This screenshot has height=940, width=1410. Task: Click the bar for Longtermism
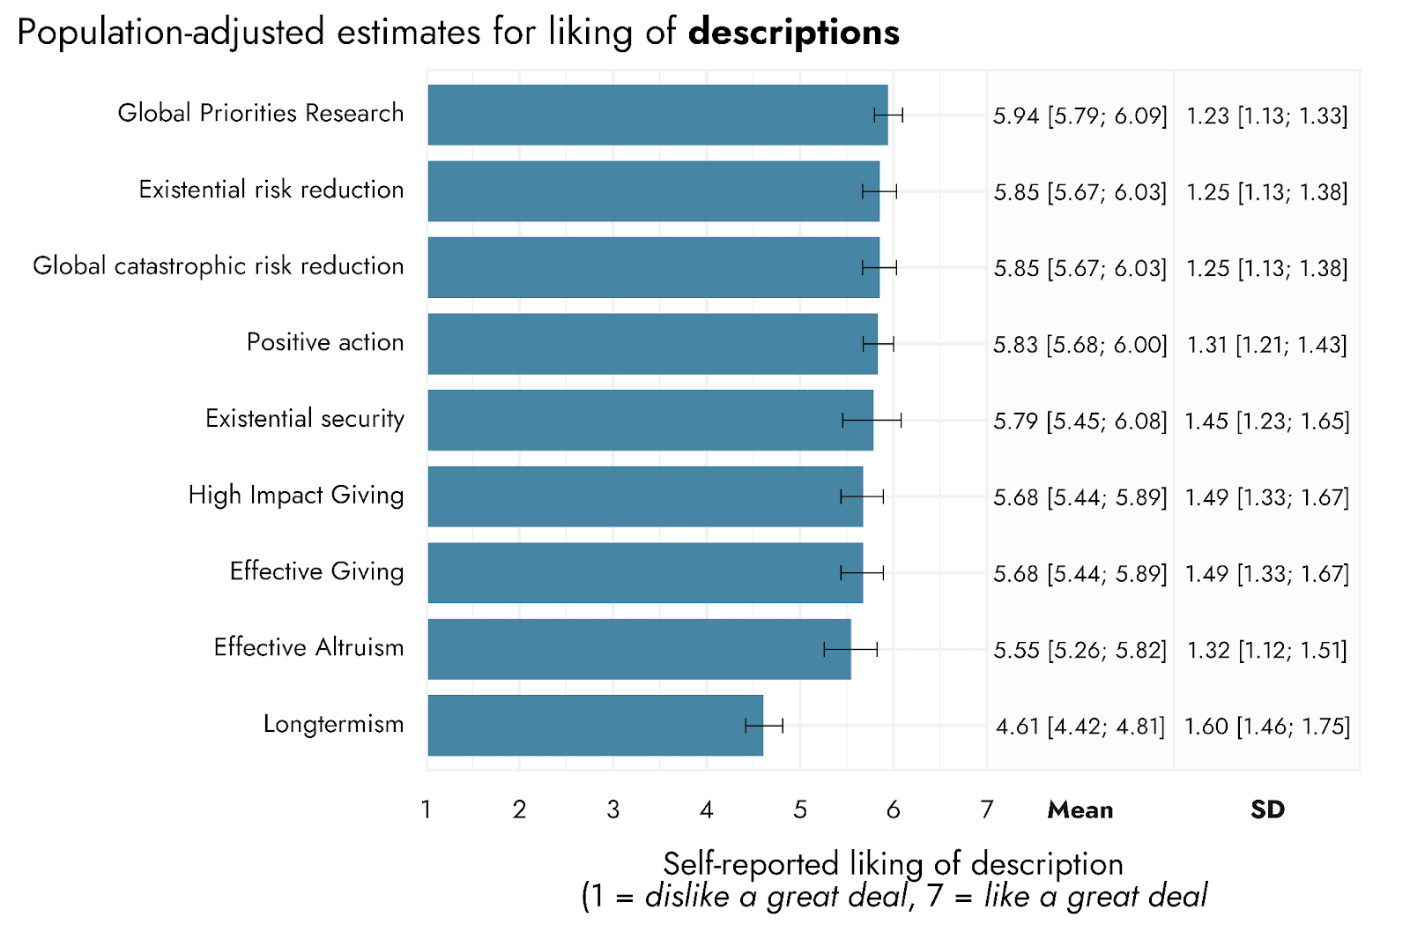coord(596,725)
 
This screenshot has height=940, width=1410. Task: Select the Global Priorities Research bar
coord(657,115)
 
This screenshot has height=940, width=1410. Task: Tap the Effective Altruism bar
coord(640,649)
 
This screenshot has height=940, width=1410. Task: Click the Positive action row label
coord(325,342)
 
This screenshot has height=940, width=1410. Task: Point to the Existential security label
coord(305,419)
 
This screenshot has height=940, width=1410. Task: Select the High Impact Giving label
coord(296,496)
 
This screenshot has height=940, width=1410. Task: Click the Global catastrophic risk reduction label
coord(219,266)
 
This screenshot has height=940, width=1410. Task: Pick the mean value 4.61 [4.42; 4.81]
coord(1080,726)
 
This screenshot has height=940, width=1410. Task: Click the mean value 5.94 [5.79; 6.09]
coord(1080,116)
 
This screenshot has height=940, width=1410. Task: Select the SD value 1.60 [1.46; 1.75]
coord(1267,726)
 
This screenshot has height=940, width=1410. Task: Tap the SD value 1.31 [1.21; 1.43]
coord(1267,345)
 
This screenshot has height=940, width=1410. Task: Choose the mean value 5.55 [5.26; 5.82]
coord(1080,650)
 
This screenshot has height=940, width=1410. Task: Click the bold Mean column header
coord(1080,809)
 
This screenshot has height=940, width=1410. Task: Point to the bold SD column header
coord(1267,809)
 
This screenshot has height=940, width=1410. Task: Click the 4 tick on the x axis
coord(706,809)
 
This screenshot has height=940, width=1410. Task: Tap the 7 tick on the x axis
coord(986,809)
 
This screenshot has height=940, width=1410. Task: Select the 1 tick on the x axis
coord(427,809)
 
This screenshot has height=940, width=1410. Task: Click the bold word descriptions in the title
coord(794,33)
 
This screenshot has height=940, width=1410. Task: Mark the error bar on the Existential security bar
coord(872,421)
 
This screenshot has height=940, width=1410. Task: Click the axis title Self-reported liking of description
coord(893,864)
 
